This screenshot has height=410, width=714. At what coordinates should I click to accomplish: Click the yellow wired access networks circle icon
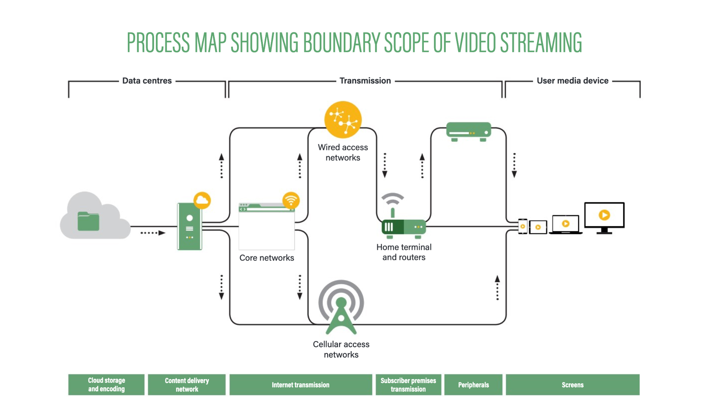[343, 120]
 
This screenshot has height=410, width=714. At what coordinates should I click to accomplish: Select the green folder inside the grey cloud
[88, 222]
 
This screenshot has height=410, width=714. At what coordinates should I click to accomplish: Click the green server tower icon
[189, 226]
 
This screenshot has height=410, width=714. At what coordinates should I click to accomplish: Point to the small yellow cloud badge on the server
[202, 200]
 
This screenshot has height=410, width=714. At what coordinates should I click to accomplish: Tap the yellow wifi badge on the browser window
[291, 200]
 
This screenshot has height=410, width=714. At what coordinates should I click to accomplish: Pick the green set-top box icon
[468, 131]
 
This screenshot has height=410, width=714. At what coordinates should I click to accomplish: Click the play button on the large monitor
[604, 215]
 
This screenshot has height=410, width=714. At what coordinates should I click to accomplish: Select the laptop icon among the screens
[565, 224]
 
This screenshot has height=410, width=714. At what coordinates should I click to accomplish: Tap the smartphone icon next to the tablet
[523, 226]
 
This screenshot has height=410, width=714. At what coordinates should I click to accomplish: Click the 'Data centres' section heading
[147, 81]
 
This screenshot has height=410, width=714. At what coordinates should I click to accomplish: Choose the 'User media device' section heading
[572, 81]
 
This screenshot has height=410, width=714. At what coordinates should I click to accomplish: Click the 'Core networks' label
[266, 258]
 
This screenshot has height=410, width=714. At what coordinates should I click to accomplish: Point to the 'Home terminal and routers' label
[404, 252]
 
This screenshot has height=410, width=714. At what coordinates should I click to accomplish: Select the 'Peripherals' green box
[473, 385]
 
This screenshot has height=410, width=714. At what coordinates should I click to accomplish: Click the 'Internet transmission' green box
[300, 385]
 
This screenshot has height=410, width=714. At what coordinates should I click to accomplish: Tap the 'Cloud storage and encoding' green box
[106, 385]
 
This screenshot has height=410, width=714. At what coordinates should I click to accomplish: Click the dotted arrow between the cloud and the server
[153, 233]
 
